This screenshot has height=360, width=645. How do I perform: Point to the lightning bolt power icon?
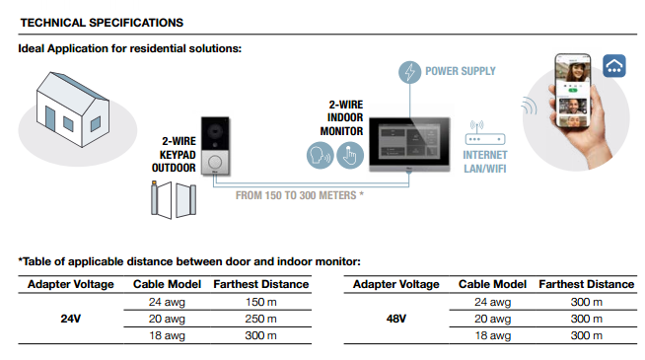pyautogui.click(x=410, y=72)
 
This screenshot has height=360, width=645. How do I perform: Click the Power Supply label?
pyautogui.click(x=460, y=72)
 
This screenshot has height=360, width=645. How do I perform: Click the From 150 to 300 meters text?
pyautogui.click(x=300, y=195)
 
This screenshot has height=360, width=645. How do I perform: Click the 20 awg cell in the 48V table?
pyautogui.click(x=493, y=319)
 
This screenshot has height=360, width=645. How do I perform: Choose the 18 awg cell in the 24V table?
pyautogui.click(x=168, y=336)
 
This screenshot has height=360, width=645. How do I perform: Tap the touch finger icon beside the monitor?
pyautogui.click(x=350, y=154)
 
